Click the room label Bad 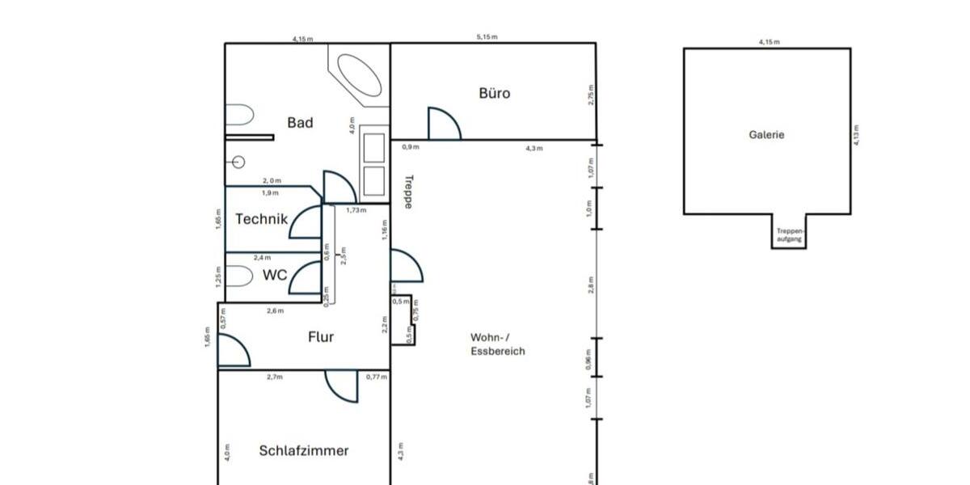coord(300,123)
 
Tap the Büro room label coord(495,94)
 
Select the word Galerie coord(766,135)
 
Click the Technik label coord(261,219)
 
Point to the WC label coord(275,275)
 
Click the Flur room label coord(320,337)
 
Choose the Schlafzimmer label coord(304,451)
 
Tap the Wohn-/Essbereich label coord(497,344)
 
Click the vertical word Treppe coord(408,192)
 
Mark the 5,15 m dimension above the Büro coord(487,37)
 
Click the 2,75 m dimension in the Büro coord(591,95)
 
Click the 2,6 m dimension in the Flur coord(276,310)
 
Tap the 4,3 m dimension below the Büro coord(534,148)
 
